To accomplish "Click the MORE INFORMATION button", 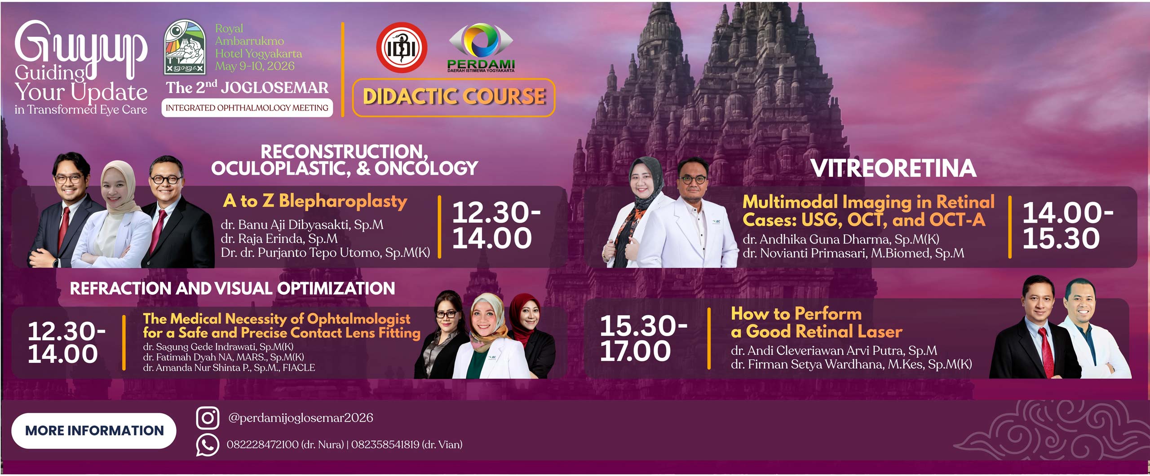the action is click(x=94, y=431).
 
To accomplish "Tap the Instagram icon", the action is click(x=208, y=418).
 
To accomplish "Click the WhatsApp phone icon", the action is click(x=208, y=445).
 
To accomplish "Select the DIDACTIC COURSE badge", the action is click(x=454, y=97).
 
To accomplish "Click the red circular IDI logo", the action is click(x=402, y=48).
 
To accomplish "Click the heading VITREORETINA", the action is click(x=893, y=168).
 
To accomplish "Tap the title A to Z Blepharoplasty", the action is click(x=315, y=201).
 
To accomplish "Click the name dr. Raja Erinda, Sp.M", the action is click(x=279, y=239).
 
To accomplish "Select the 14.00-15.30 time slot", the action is click(x=1067, y=225).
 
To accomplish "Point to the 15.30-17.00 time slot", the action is click(x=643, y=338).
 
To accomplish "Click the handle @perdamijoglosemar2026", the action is click(x=301, y=418).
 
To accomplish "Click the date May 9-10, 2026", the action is click(x=255, y=66).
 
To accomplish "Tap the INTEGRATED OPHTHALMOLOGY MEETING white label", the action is click(x=247, y=108).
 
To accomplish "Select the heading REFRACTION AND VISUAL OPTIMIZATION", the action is click(x=232, y=288).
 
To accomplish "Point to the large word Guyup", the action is click(x=81, y=49).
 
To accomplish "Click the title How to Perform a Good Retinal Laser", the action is click(x=816, y=322).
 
